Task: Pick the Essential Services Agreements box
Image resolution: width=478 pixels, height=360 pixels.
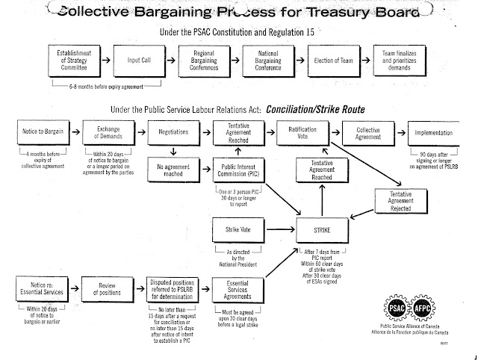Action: point(236,289)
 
